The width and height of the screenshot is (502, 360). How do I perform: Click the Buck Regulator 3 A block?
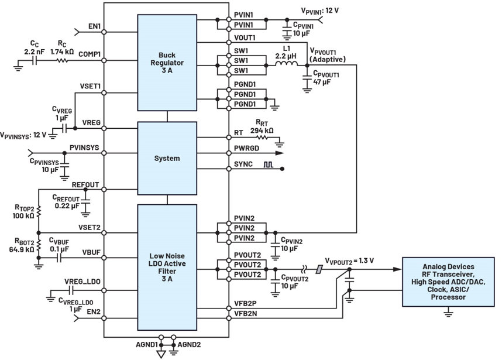[x=167, y=63]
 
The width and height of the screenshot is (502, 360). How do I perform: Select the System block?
[x=167, y=158]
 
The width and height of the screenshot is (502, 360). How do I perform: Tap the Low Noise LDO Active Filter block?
[x=167, y=268]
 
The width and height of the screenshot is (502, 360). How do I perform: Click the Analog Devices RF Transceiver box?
[x=448, y=282]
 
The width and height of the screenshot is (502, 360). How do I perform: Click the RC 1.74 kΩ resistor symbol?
[x=63, y=60]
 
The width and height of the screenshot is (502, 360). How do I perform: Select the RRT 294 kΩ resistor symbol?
[x=262, y=138]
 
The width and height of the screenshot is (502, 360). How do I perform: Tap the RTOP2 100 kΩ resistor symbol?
[x=39, y=211]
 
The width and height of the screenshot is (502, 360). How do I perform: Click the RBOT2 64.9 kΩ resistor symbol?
[x=39, y=245]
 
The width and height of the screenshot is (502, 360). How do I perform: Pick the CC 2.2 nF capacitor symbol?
[x=35, y=60]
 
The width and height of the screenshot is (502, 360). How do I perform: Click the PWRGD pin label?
[x=246, y=148]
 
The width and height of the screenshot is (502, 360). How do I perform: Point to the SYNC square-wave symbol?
[x=269, y=164]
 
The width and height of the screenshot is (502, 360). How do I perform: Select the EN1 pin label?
[x=94, y=26]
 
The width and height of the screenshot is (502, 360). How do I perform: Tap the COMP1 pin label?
[x=90, y=54]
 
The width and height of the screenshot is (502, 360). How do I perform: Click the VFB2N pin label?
[x=246, y=314]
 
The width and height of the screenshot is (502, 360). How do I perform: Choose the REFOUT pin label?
[x=85, y=185]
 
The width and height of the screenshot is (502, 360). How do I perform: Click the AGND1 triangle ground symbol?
[x=161, y=354]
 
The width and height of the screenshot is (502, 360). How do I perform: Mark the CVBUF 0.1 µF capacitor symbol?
[x=59, y=258]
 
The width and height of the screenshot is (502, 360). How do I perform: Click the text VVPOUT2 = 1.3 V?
[x=349, y=261]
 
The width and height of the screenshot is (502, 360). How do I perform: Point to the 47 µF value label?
[x=322, y=82]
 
